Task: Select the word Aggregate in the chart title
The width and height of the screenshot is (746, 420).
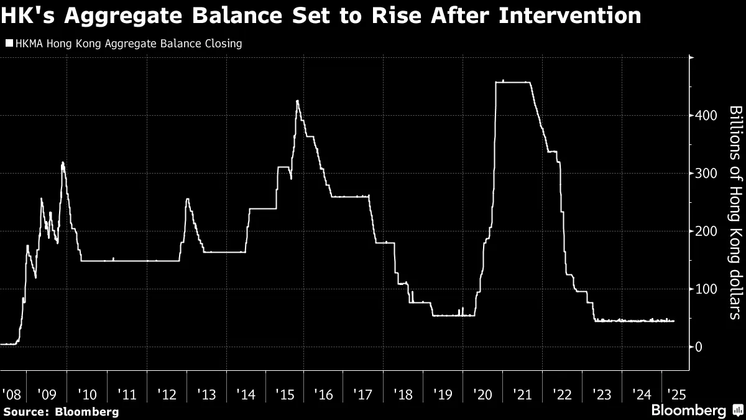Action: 116,15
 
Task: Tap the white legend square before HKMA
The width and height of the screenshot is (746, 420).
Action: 8,44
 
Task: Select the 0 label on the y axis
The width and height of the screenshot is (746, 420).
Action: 699,347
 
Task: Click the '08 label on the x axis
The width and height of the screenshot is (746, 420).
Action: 11,394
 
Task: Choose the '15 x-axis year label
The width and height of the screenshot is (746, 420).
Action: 285,394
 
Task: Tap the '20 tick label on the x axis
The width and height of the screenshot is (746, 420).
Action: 483,394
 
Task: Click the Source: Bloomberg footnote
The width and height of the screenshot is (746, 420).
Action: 60,411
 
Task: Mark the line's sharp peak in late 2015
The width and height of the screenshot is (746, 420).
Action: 297,101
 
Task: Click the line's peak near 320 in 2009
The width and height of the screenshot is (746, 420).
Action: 63,163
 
